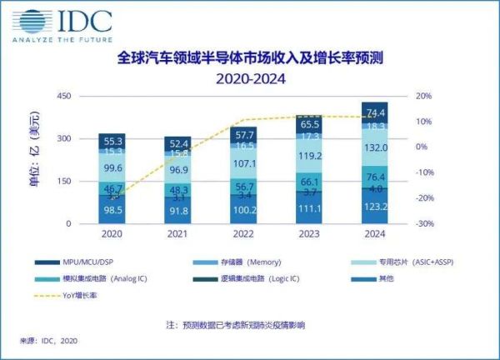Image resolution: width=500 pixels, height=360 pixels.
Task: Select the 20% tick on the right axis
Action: coord(422,97)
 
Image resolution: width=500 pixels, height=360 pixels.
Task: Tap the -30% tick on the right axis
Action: coord(422,224)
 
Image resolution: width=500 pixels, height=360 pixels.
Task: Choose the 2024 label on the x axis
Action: coord(374,235)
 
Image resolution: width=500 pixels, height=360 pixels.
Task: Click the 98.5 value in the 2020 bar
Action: coord(112,210)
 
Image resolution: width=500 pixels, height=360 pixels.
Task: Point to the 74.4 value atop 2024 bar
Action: coord(374,112)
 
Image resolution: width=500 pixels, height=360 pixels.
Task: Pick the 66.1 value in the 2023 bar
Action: coord(309,182)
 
